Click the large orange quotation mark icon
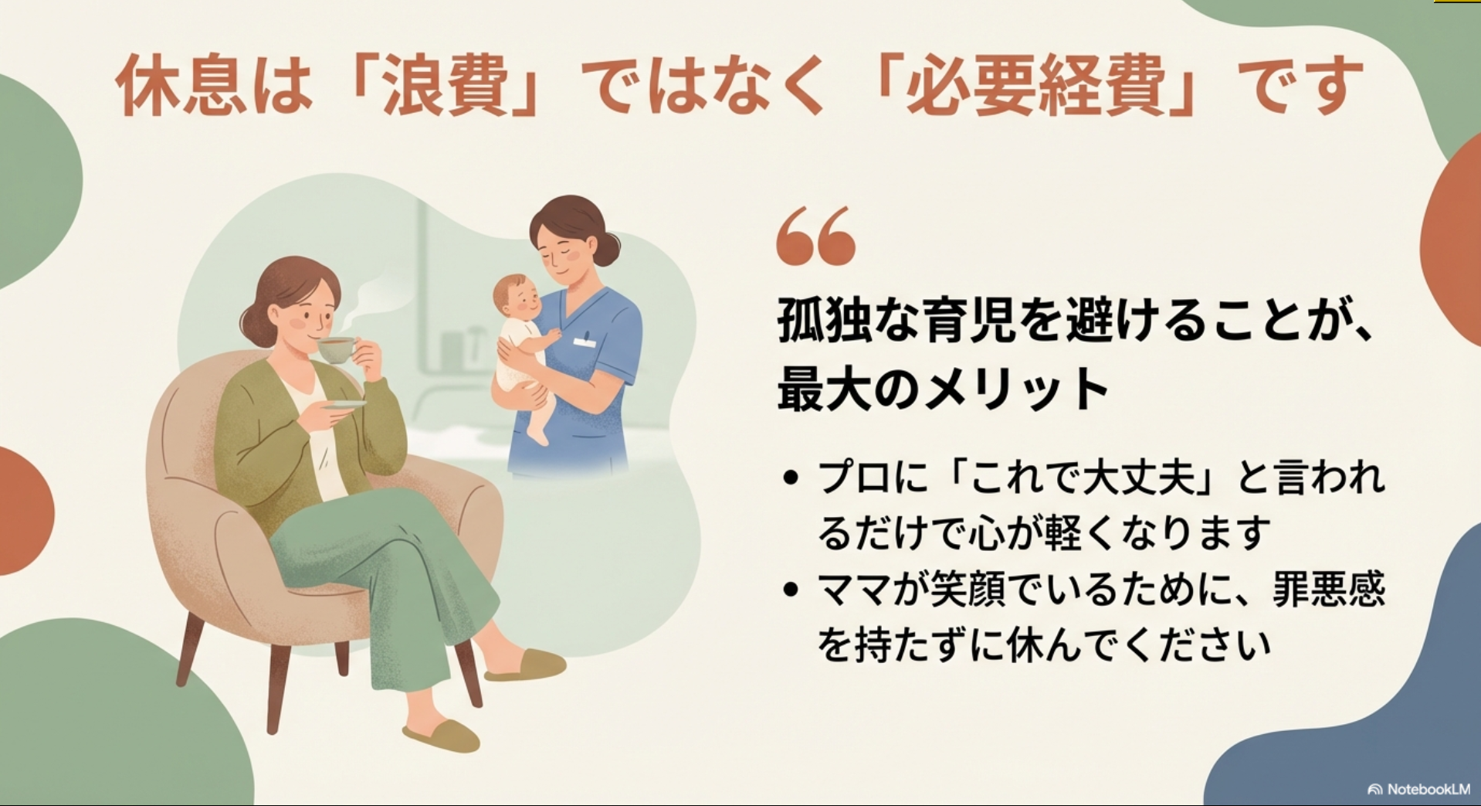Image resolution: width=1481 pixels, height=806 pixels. pyautogui.click(x=816, y=236)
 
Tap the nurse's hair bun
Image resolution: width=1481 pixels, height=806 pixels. pyautogui.click(x=610, y=247)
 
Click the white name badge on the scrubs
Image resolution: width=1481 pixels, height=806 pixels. pyautogui.click(x=585, y=341)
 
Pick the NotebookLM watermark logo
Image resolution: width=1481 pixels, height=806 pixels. pyautogui.click(x=1418, y=789)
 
